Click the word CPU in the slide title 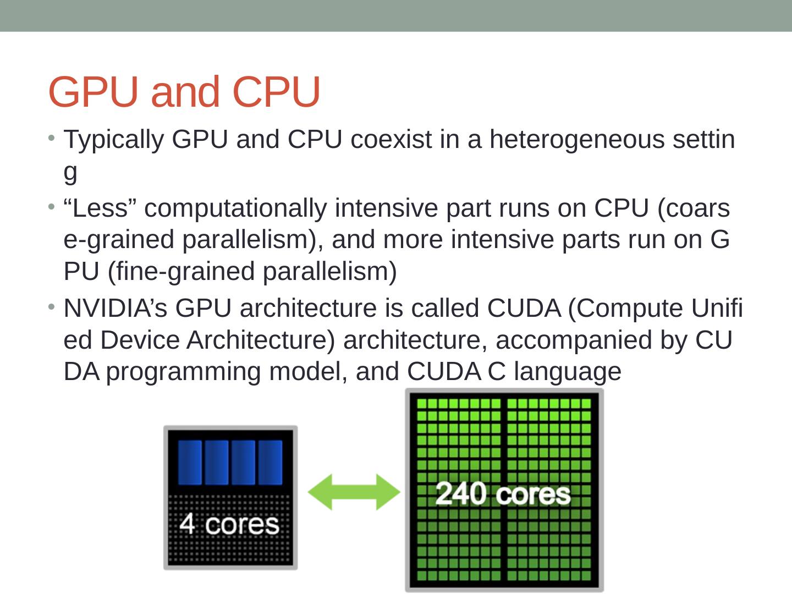tap(276, 92)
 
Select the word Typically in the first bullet tap(113, 140)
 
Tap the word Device tap(140, 340)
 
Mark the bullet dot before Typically tap(51, 136)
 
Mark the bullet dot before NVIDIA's tap(51, 305)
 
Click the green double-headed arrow tap(354, 491)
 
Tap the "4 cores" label tap(229, 524)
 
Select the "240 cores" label tap(503, 493)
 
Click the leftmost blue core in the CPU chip tap(190, 462)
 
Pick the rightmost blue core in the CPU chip tap(270, 462)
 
